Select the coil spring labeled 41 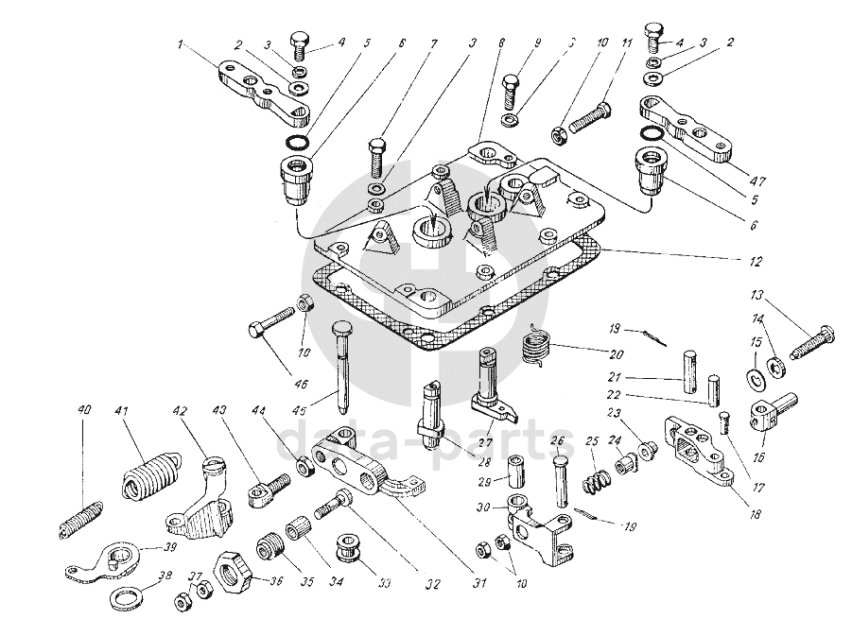coord(149,473)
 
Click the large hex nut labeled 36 coord(231,569)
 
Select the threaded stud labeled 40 coord(77,520)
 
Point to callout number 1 coord(180,43)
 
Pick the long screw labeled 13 coord(805,338)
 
